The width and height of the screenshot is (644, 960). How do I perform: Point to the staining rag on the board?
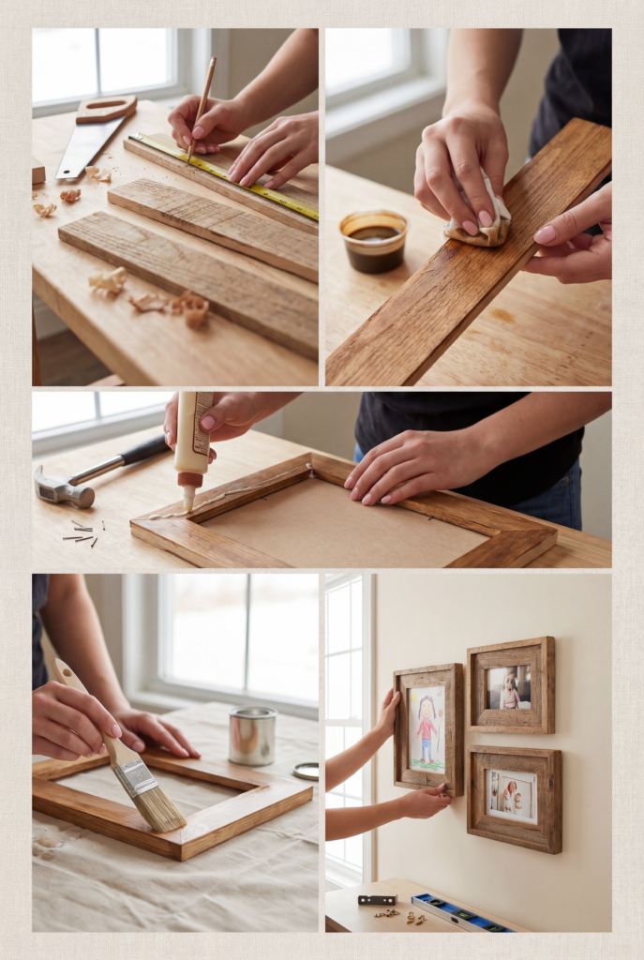click(x=478, y=221)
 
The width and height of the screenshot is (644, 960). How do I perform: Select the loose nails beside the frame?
click(x=82, y=533)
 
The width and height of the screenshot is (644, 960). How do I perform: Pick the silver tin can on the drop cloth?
click(x=252, y=735)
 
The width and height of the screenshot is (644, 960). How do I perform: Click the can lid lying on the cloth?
click(x=306, y=771)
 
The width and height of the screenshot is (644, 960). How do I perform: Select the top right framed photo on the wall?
click(x=510, y=685)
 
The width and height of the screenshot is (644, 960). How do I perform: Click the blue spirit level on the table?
click(x=464, y=913)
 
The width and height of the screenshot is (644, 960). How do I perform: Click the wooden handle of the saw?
click(x=107, y=109)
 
